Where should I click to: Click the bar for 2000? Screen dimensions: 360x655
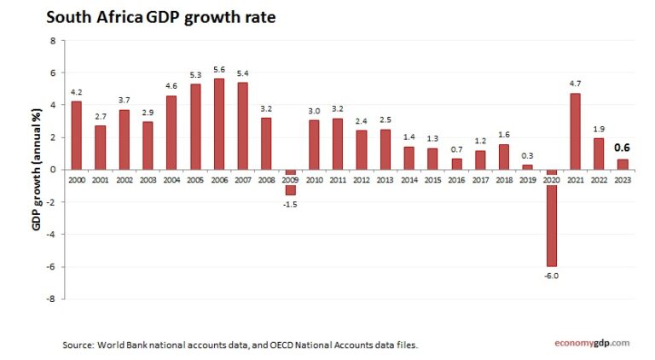coord(77,135)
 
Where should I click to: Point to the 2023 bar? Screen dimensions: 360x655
coord(622,164)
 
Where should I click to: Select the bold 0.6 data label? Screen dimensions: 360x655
coord(622,148)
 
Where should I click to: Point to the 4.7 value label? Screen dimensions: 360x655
coord(575,84)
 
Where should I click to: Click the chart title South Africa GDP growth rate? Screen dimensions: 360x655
coord(160,17)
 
